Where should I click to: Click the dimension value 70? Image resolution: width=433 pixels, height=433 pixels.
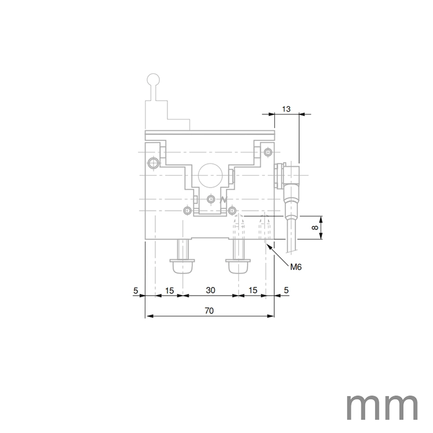tap(209, 311)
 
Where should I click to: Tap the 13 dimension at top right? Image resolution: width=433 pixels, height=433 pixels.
tap(286, 109)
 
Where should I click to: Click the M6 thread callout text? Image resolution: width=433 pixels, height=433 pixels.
tap(296, 267)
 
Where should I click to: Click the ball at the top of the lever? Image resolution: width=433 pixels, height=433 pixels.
tap(154, 80)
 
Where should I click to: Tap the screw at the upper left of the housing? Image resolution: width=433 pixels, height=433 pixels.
tap(153, 162)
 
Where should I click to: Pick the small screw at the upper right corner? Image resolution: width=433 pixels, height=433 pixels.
tap(267, 152)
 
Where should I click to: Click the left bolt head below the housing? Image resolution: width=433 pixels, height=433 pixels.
tap(182, 267)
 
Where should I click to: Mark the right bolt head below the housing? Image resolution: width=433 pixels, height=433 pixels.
tap(237, 267)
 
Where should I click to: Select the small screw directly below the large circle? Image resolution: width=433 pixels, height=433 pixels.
tap(211, 199)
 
